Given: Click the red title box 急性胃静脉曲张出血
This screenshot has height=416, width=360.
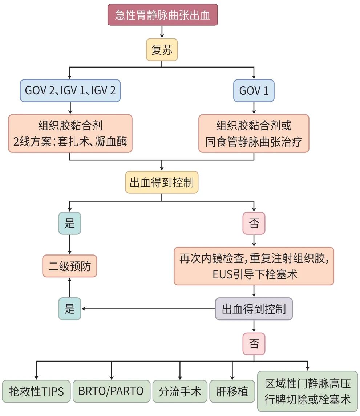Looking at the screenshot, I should (x=162, y=15).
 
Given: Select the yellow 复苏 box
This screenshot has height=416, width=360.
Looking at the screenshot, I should (x=162, y=50).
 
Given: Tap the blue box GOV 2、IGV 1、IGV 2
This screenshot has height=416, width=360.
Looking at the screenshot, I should (x=70, y=90).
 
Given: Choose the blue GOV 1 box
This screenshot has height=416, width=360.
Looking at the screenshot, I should (x=254, y=90).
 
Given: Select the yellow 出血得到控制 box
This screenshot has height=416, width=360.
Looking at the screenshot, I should (x=162, y=182).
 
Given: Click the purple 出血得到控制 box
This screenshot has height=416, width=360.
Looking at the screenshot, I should (x=254, y=309).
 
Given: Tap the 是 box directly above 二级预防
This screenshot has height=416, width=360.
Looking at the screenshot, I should (x=70, y=223).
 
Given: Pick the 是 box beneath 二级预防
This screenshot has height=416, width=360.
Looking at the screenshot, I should (x=70, y=309).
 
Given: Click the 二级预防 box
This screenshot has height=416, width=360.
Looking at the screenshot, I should (x=70, y=266).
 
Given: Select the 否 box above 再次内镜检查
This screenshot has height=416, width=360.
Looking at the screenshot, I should (x=254, y=223).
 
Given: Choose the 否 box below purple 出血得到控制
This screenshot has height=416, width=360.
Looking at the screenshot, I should (x=254, y=343).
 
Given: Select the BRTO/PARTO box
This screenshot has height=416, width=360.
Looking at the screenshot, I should (x=111, y=391).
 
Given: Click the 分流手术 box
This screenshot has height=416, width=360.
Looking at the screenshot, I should (x=180, y=391).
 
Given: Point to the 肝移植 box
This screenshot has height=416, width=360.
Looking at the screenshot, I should (x=232, y=391).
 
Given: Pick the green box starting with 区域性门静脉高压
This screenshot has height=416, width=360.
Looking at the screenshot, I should (x=308, y=391).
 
